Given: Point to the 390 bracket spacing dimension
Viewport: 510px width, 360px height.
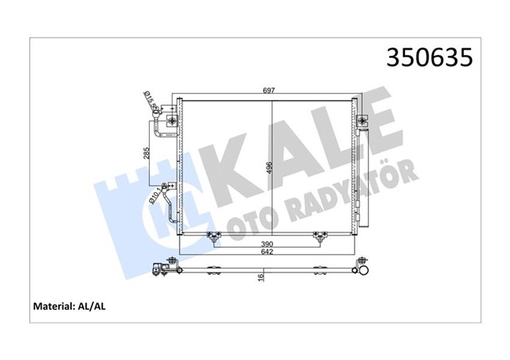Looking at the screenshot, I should [269, 243].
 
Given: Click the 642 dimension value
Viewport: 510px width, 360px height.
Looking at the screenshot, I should [269, 252].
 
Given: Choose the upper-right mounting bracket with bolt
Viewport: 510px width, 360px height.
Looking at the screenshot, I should [363, 121].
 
